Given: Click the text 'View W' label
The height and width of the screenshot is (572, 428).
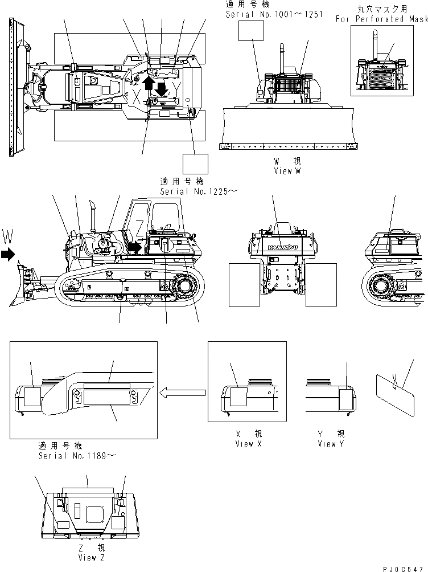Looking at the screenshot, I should coord(286,171).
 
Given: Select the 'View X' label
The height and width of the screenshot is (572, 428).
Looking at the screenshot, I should coord(248,444).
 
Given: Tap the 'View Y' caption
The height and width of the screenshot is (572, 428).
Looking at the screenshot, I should coord(331,444).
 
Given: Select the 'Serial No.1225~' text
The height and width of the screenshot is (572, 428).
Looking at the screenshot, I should coord(199,192).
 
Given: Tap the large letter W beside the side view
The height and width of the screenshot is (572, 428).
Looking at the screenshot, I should coord(7,235).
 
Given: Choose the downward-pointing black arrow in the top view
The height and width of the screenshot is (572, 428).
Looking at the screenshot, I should coord(162,89).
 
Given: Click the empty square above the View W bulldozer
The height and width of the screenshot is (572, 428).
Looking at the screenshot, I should coord(252,31).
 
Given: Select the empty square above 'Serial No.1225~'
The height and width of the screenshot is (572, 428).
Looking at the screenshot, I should coord(195,164).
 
